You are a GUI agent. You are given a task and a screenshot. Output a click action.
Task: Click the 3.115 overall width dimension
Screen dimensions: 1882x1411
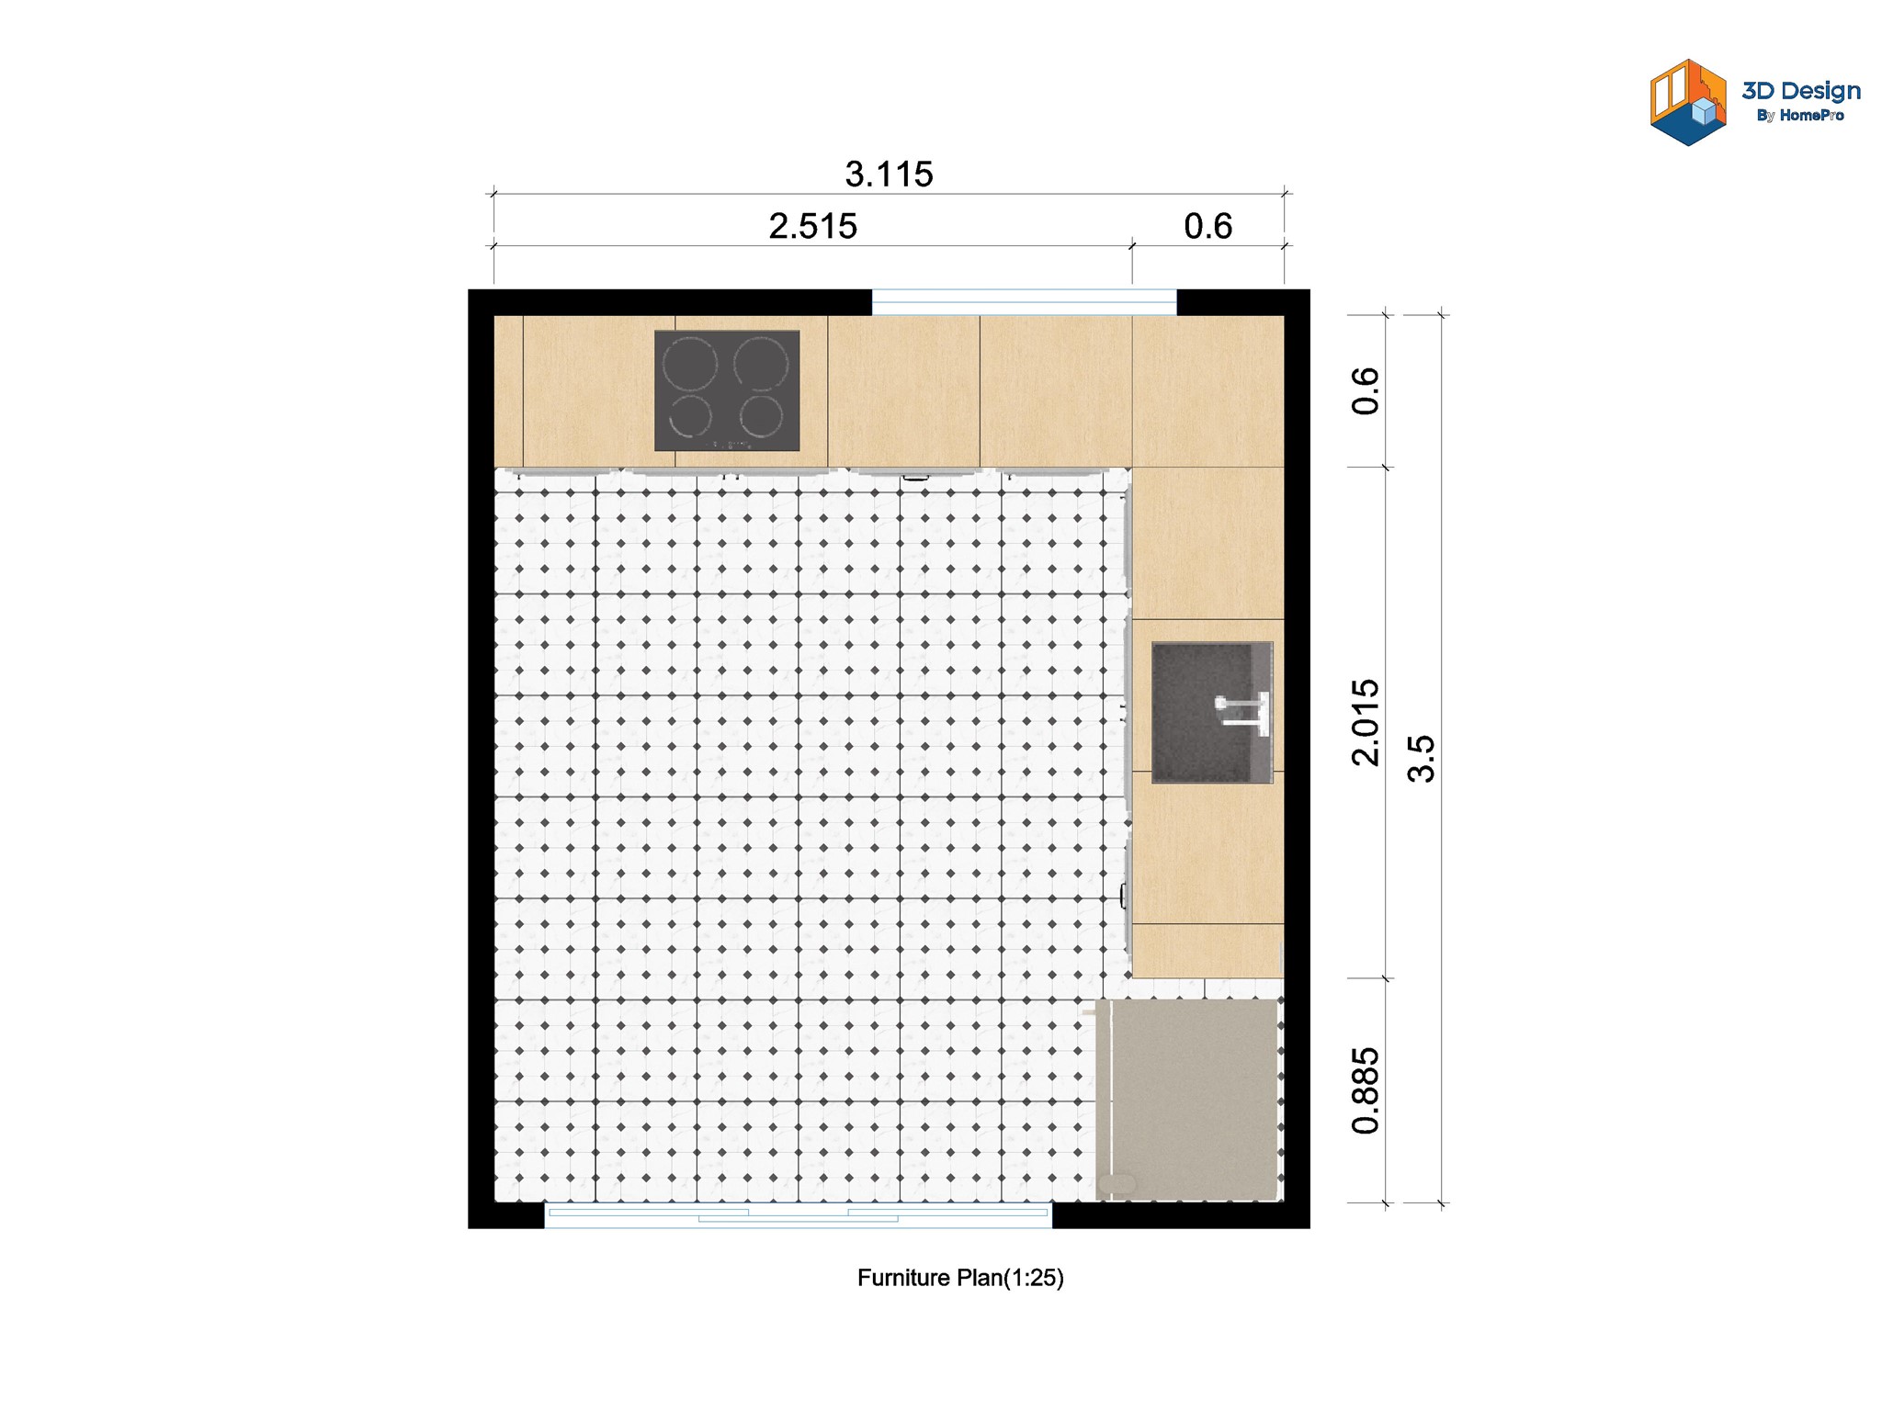(889, 175)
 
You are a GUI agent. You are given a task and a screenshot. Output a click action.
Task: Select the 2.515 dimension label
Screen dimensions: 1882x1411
(812, 226)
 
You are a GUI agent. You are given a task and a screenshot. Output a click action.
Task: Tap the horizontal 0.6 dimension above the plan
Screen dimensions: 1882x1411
(1207, 226)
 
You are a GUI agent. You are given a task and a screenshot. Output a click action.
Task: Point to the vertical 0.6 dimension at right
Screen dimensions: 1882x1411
(1366, 391)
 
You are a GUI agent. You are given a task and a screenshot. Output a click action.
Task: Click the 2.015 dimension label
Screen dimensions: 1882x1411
(1366, 722)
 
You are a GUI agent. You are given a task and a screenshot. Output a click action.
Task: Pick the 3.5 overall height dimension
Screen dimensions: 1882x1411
(1421, 758)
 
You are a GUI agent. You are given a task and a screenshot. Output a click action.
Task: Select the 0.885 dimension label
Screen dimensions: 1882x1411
(1366, 1090)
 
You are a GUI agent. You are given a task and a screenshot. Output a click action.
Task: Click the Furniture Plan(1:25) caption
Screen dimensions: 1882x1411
(960, 1278)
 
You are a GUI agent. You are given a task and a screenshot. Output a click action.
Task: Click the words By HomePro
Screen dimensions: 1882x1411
(1799, 116)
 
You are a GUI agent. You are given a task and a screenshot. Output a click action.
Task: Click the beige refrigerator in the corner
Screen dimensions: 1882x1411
(1187, 1100)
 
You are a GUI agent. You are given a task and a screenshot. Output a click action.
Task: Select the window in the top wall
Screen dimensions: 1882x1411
(1024, 302)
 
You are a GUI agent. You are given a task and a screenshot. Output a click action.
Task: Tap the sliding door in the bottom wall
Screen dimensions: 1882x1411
(798, 1215)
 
